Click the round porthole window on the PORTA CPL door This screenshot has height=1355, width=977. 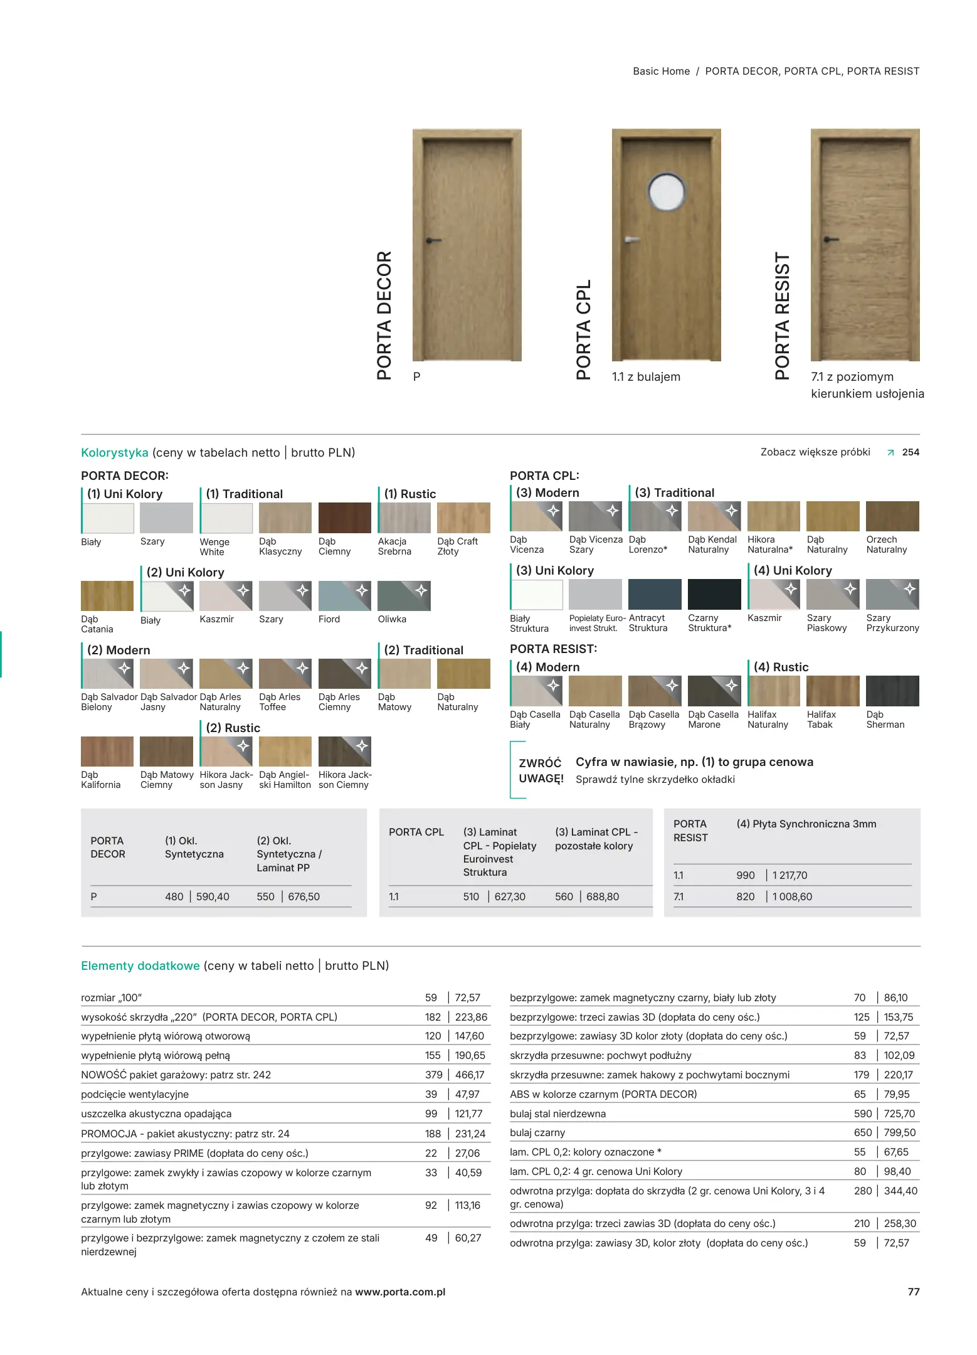[666, 191]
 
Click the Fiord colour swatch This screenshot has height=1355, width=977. [344, 596]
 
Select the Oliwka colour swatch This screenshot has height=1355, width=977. [404, 596]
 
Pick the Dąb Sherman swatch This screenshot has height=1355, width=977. [892, 691]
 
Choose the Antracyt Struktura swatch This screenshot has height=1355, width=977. [655, 594]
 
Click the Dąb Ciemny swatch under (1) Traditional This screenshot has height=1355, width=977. [344, 518]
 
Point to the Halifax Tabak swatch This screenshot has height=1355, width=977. [832, 691]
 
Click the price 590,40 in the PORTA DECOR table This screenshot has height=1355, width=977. [213, 896]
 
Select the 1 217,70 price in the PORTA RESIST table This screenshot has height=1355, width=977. [790, 875]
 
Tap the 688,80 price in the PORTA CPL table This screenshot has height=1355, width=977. [602, 896]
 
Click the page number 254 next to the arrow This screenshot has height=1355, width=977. [911, 452]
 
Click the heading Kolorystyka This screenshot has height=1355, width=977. [115, 452]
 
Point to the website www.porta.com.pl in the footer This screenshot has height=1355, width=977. [400, 1292]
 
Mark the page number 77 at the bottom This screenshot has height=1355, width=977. [914, 1292]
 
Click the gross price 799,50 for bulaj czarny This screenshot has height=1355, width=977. [899, 1132]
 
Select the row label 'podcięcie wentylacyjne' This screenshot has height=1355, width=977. [135, 1094]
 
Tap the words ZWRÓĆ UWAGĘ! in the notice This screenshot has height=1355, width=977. [541, 770]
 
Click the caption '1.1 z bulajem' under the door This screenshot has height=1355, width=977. [646, 376]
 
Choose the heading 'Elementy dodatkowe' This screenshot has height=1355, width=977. [140, 965]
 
